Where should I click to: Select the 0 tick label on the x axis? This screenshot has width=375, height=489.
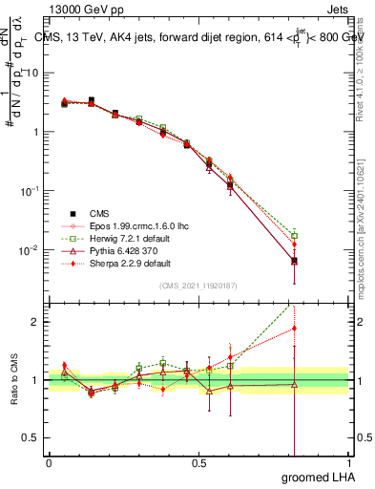tap(50, 463)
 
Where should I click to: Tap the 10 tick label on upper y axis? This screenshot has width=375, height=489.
tap(31, 73)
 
